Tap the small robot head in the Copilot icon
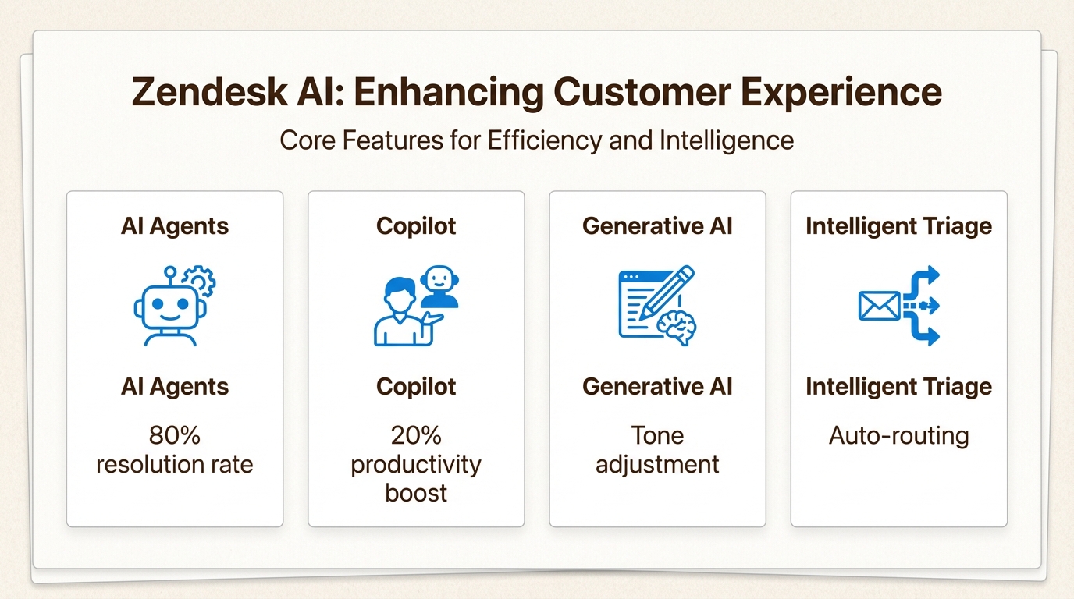click(x=439, y=286)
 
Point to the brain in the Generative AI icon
click(x=676, y=328)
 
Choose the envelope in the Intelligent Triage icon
click(x=879, y=306)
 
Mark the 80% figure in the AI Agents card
click(x=174, y=435)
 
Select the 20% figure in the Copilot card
click(x=416, y=435)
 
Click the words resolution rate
click(x=174, y=465)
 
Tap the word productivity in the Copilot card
click(x=416, y=465)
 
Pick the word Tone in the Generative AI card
click(x=657, y=435)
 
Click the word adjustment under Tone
click(x=657, y=465)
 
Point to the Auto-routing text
click(x=898, y=435)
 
